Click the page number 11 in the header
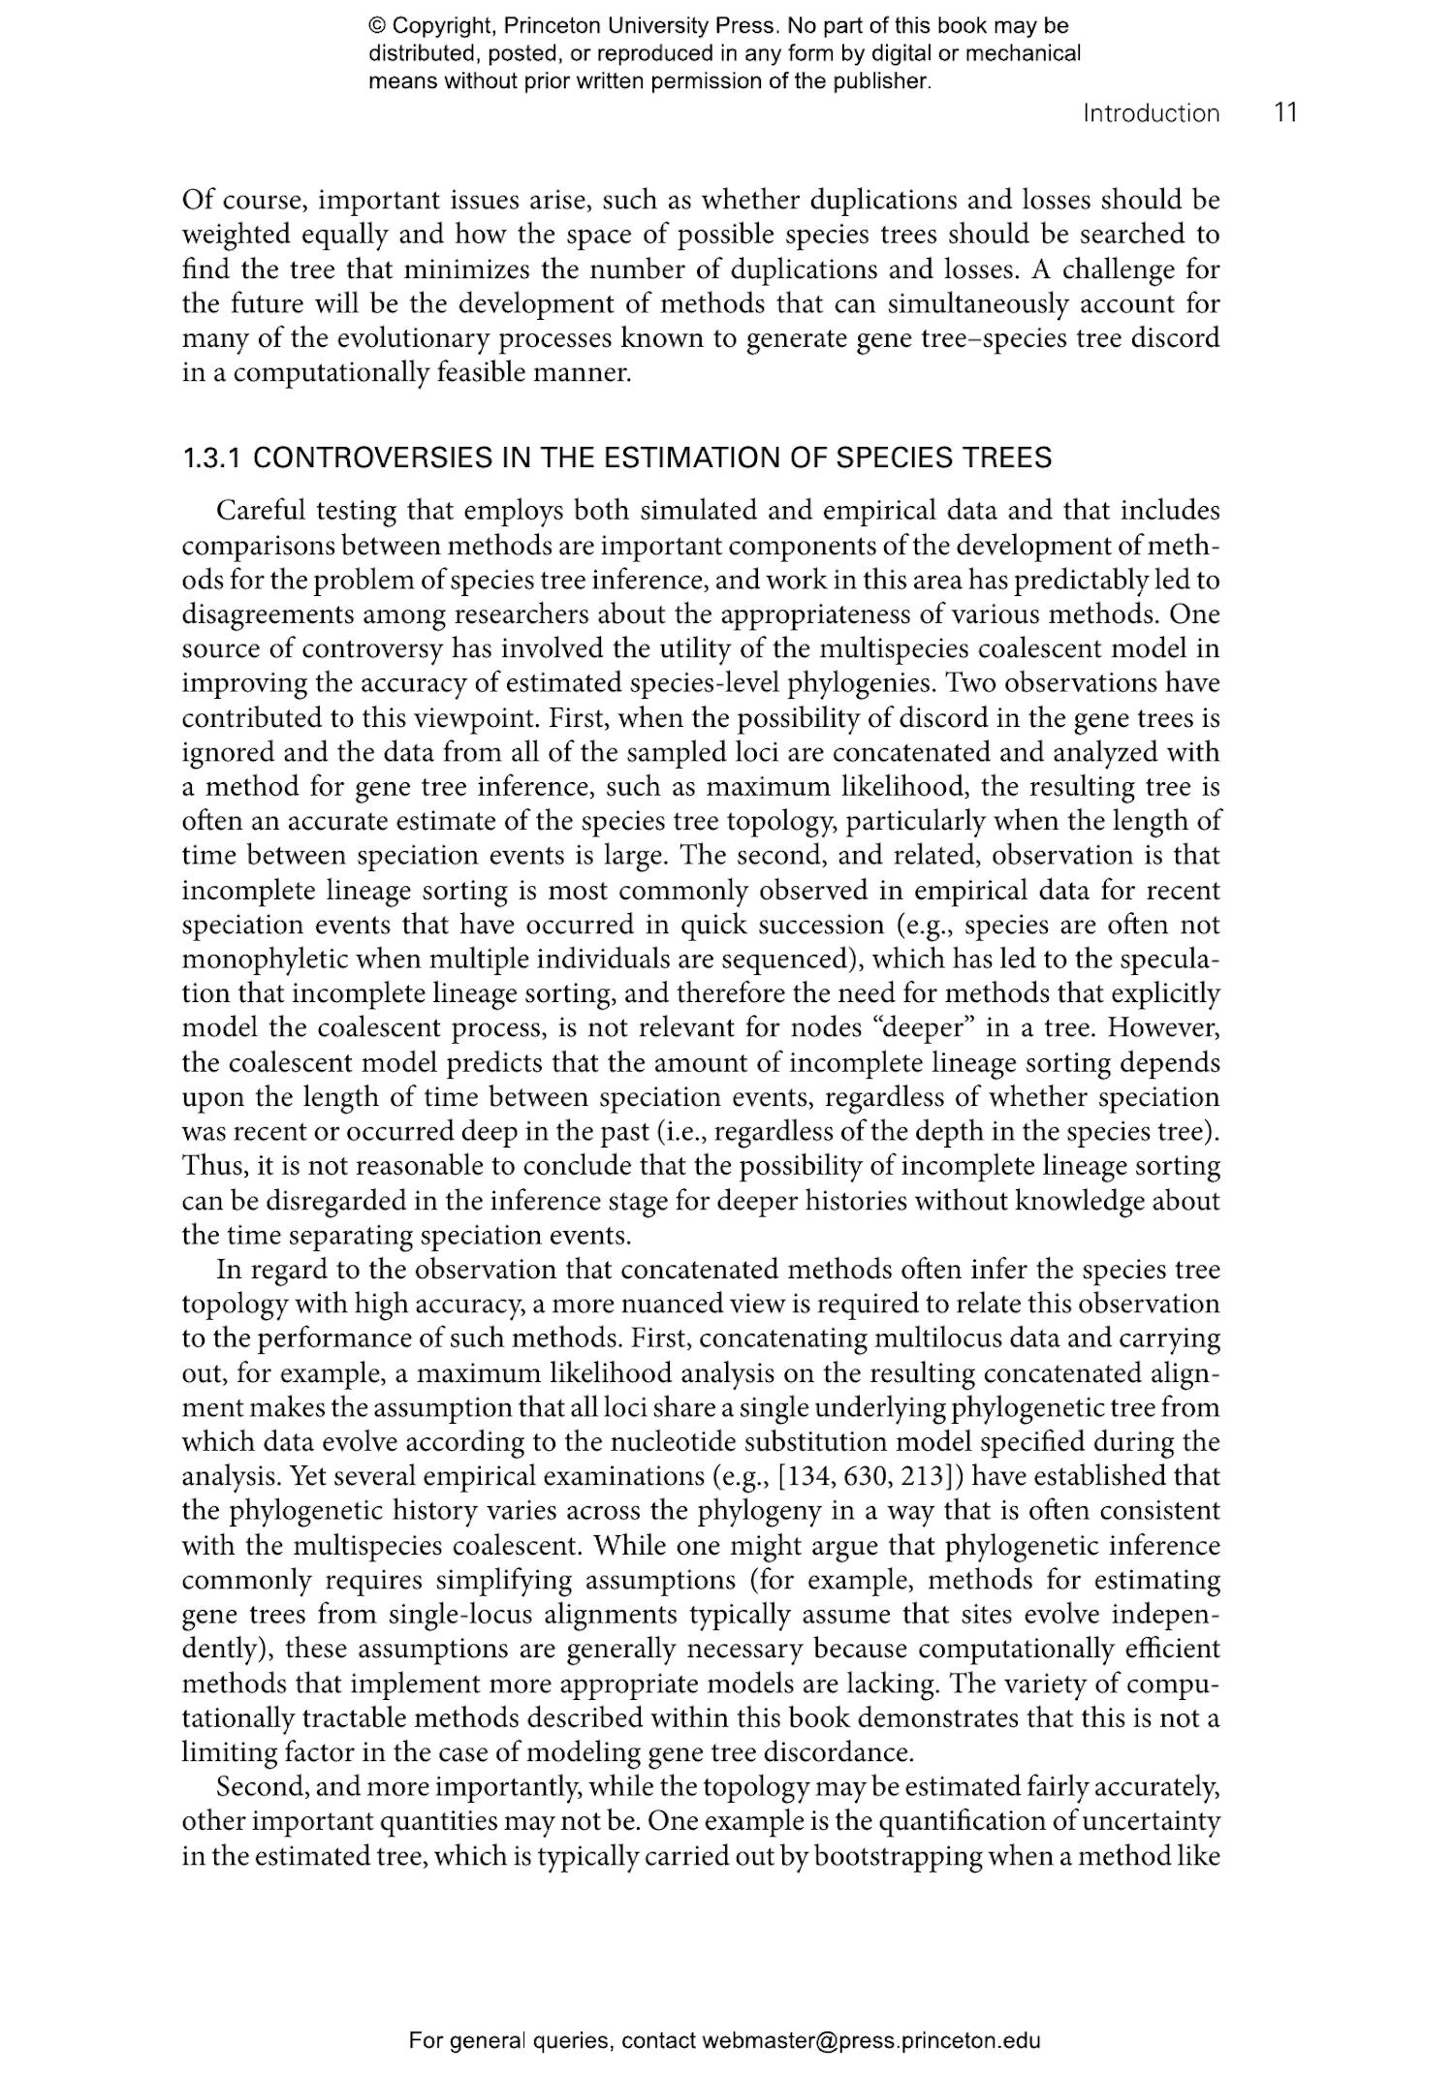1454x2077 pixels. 1285,112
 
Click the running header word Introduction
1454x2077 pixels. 1151,113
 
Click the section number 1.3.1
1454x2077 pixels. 212,457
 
